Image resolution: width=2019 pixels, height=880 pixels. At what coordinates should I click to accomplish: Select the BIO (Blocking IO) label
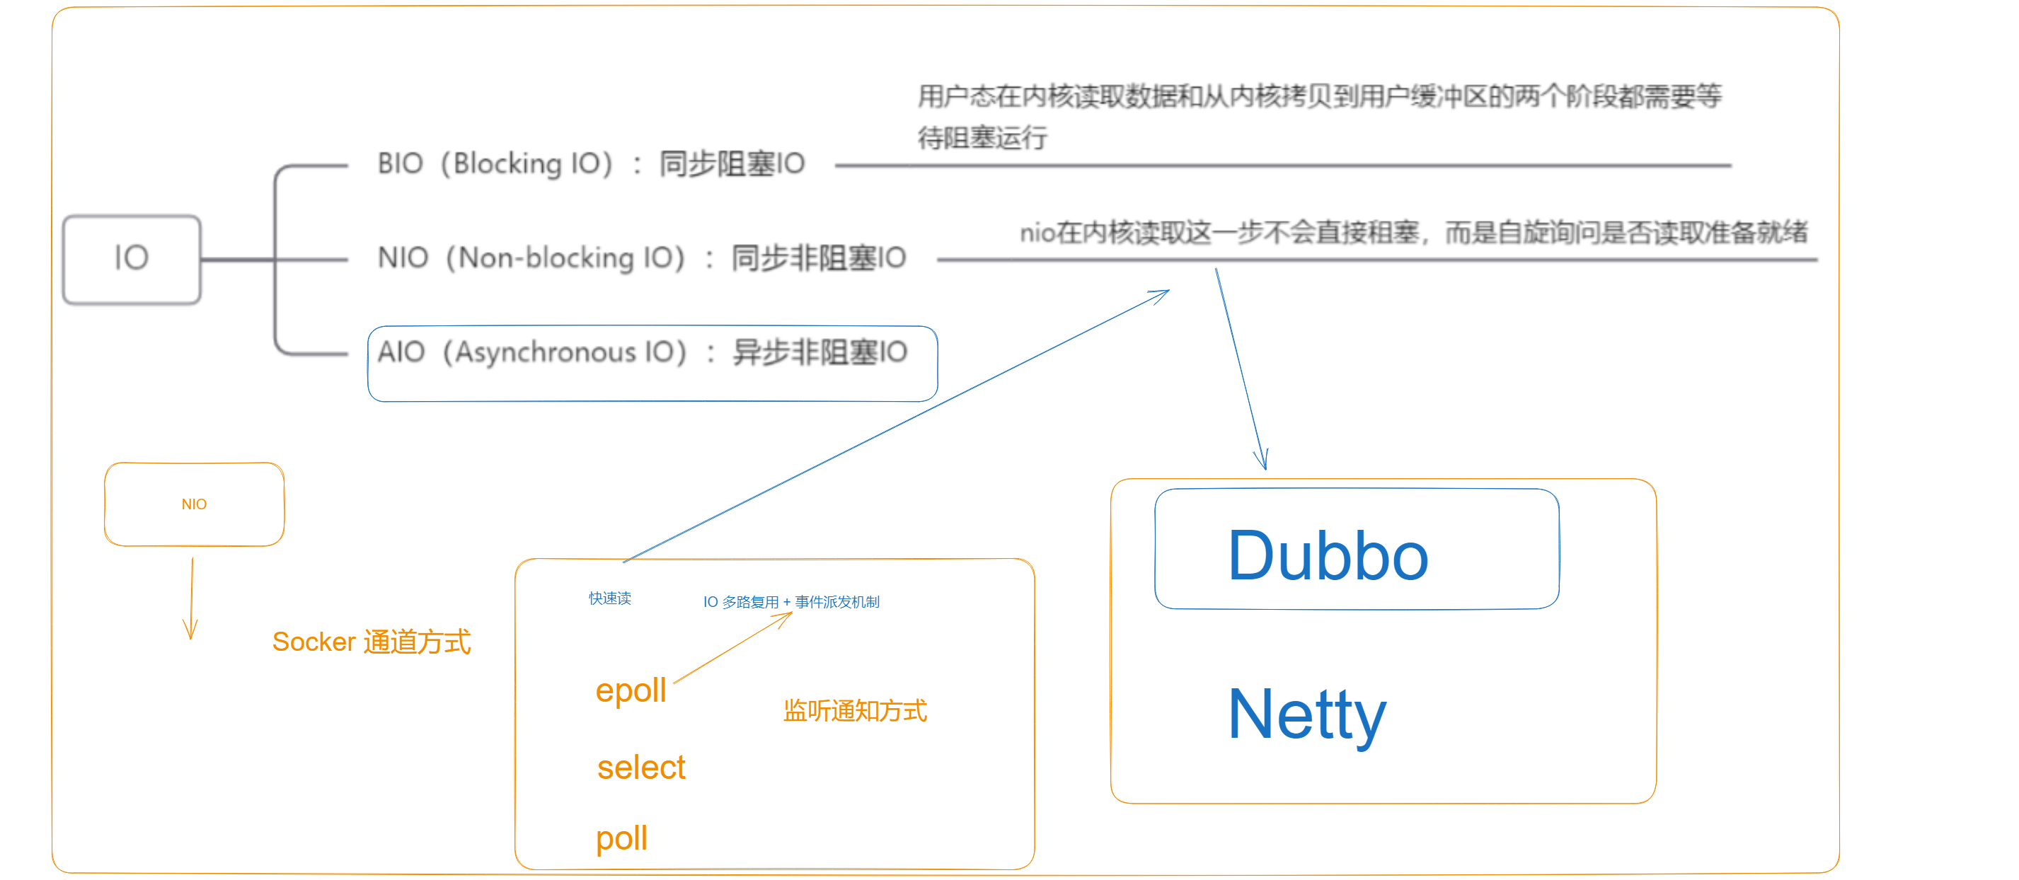click(495, 164)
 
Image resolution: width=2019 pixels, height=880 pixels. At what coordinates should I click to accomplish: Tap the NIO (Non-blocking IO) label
click(531, 257)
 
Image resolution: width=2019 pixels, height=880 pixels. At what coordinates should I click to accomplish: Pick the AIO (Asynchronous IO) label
click(532, 352)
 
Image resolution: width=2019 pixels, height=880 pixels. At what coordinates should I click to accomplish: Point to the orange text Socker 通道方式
click(372, 642)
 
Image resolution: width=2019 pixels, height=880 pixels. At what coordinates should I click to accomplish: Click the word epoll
click(631, 691)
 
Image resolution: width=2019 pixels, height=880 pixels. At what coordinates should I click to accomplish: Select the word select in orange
click(641, 767)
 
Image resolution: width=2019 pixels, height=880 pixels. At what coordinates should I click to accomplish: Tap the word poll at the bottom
click(621, 838)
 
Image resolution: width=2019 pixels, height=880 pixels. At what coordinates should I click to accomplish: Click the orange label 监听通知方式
click(855, 711)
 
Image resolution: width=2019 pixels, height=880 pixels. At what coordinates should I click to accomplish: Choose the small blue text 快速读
click(610, 598)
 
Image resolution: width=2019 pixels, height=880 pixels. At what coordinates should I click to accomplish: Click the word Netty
click(1307, 715)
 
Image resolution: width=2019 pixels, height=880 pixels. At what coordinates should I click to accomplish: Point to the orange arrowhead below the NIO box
click(190, 630)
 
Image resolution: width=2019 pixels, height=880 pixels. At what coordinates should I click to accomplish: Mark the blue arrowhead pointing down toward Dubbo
click(1261, 460)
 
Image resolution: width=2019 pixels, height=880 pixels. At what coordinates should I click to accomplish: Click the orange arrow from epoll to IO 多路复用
click(733, 647)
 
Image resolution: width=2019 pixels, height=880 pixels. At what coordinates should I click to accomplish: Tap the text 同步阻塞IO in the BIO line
click(732, 164)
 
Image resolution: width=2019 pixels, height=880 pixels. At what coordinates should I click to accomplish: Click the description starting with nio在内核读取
click(1414, 232)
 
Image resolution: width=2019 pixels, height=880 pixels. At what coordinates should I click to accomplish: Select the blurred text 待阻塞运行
click(983, 138)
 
